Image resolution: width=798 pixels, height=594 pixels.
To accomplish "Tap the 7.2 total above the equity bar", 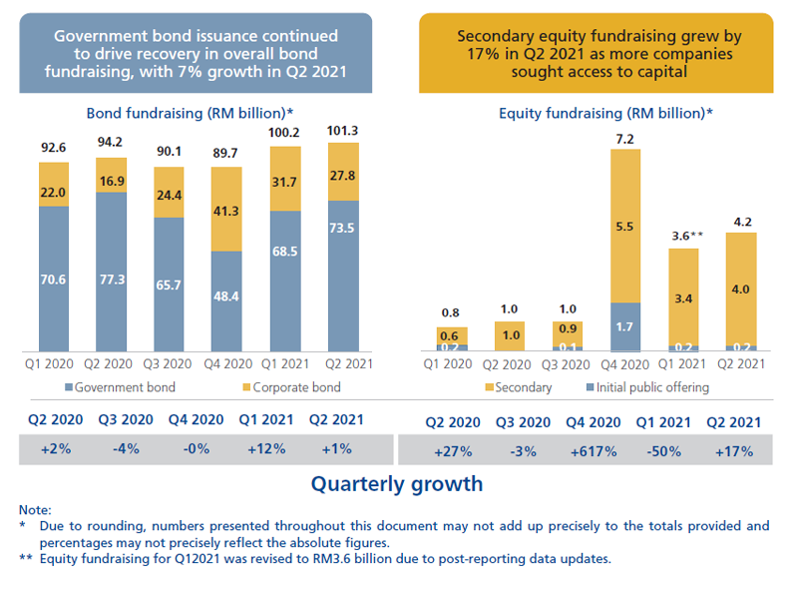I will tap(624, 139).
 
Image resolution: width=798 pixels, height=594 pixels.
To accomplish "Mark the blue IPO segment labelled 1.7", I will tap(624, 325).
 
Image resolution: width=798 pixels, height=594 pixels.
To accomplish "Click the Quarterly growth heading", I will tap(396, 484).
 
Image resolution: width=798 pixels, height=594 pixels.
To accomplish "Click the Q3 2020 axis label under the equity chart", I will tap(567, 363).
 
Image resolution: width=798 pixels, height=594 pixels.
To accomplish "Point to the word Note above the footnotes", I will tap(35, 509).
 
